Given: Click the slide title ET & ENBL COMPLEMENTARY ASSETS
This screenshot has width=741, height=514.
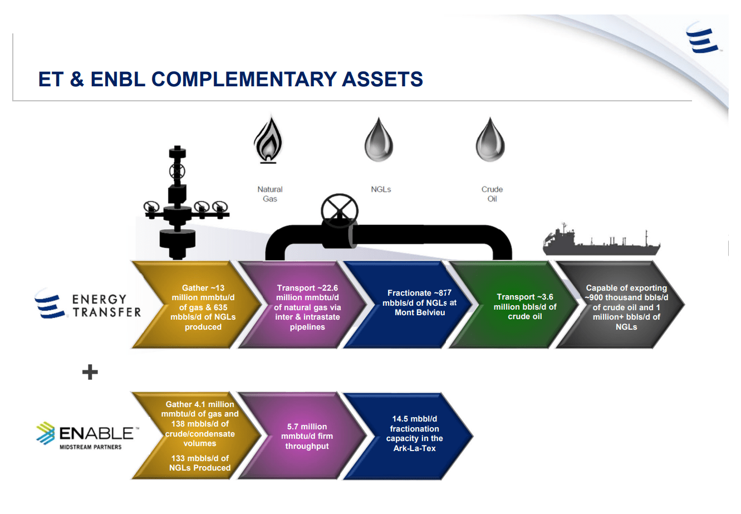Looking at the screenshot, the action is (x=230, y=79).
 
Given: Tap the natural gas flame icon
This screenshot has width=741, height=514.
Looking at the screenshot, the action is (x=268, y=140).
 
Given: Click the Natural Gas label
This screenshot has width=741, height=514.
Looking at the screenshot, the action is (x=270, y=194).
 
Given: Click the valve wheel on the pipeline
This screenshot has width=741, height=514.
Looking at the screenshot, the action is (x=340, y=211).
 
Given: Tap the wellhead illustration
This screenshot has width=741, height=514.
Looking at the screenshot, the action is (x=184, y=202).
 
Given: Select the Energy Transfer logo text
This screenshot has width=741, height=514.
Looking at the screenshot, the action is (x=106, y=306).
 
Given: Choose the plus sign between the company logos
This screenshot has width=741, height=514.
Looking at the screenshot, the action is (x=90, y=372).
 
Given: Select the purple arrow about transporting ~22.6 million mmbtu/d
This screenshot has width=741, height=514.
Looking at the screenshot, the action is (x=302, y=305).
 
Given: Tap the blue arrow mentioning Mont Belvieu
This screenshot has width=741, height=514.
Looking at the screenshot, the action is (x=408, y=305).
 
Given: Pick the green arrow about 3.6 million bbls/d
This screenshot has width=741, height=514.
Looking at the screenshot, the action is (x=513, y=305).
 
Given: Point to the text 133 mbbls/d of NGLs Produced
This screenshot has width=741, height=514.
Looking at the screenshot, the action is (x=200, y=463).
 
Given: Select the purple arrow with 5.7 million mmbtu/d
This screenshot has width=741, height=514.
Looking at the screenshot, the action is (x=302, y=436).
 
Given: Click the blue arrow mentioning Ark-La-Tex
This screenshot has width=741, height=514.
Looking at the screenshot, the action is (x=408, y=436).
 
